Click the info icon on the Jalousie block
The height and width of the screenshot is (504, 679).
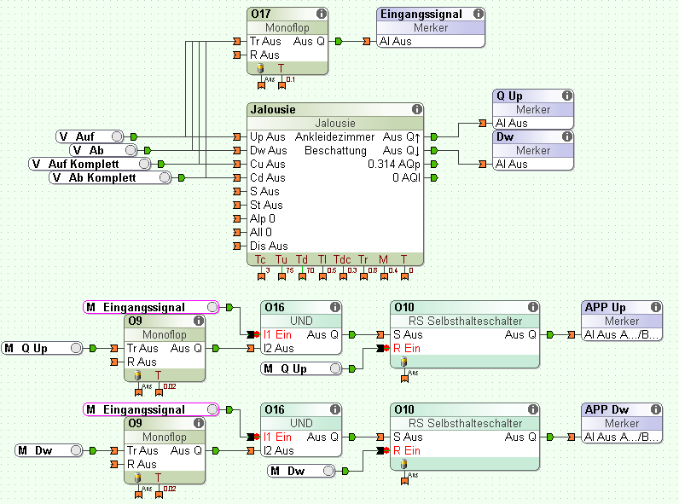(x=416, y=110)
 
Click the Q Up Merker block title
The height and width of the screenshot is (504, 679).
(x=510, y=96)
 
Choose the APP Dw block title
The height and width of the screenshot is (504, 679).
(x=606, y=410)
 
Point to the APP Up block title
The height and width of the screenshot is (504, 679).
(x=606, y=308)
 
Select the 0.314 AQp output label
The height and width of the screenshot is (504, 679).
(x=393, y=164)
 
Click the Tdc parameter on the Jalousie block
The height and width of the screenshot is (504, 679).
(x=342, y=259)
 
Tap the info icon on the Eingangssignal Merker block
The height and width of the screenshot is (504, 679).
(x=478, y=14)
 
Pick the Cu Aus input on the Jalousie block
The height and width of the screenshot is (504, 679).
(x=268, y=164)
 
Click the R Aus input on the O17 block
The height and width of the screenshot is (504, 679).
(x=265, y=55)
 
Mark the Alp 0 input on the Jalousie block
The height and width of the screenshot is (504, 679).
(x=264, y=218)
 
